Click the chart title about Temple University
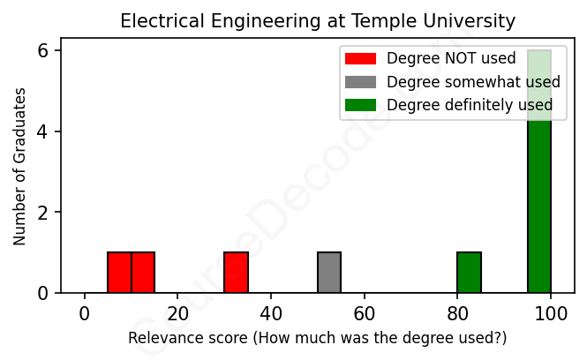coord(318,20)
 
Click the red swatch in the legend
coord(360,59)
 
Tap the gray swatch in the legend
coord(360,82)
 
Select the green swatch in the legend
coord(360,105)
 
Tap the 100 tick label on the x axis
coord(551,313)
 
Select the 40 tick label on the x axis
coord(271,313)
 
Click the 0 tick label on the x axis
coord(85,313)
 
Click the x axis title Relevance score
coord(318,338)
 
